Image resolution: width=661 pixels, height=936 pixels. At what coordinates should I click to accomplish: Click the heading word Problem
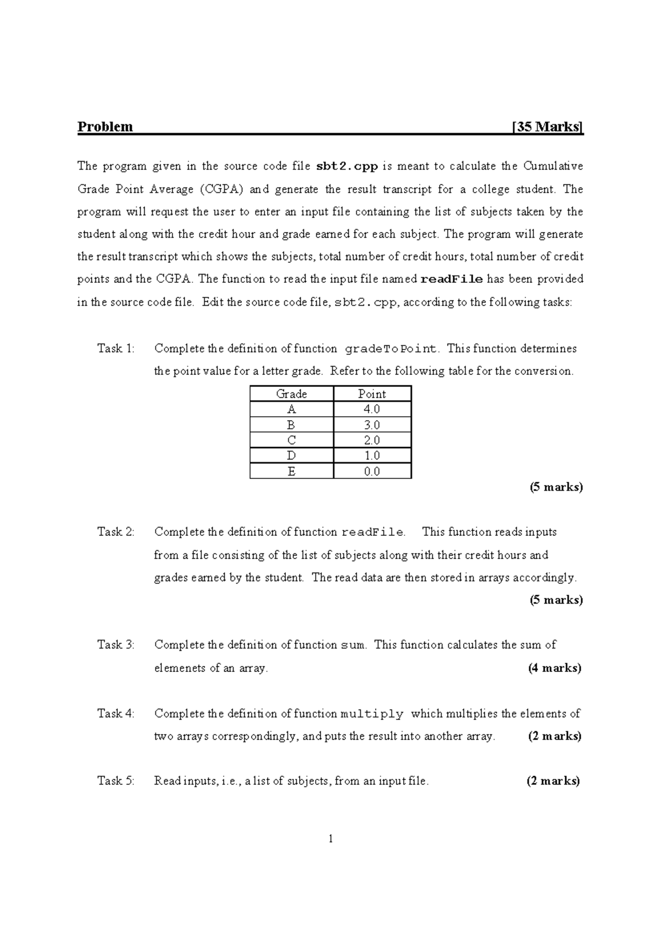click(x=105, y=127)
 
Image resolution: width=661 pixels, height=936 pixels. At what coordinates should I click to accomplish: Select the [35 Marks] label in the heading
click(x=547, y=127)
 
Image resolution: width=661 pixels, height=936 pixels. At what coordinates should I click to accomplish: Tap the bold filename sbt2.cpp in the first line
click(x=347, y=166)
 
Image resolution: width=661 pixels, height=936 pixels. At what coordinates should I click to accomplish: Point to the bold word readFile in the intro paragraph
click(x=452, y=279)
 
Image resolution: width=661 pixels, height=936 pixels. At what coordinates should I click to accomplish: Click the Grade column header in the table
click(x=291, y=394)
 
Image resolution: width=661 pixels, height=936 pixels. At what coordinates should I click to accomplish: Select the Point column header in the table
click(x=372, y=394)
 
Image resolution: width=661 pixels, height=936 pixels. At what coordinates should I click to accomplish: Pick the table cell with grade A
click(x=291, y=409)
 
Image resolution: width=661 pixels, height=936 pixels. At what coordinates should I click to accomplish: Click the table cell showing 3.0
click(x=372, y=425)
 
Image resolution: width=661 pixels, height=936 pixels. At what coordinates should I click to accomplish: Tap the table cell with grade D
click(x=291, y=456)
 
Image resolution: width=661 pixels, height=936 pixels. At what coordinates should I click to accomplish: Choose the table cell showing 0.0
click(x=372, y=471)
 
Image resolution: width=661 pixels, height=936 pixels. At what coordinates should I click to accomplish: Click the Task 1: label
click(x=116, y=348)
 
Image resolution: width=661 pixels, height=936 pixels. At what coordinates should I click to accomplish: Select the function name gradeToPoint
click(x=392, y=349)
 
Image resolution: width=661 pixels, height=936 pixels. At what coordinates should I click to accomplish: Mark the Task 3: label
click(x=116, y=645)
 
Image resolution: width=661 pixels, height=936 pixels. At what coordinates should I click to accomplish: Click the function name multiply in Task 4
click(x=372, y=714)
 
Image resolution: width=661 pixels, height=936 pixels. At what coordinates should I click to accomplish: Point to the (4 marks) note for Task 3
click(x=555, y=668)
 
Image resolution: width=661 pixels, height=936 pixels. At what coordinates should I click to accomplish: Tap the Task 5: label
click(x=116, y=781)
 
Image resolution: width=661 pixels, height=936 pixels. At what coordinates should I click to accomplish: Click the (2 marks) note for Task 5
click(x=554, y=781)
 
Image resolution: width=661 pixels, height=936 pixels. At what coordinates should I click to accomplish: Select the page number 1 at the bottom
click(x=330, y=839)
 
